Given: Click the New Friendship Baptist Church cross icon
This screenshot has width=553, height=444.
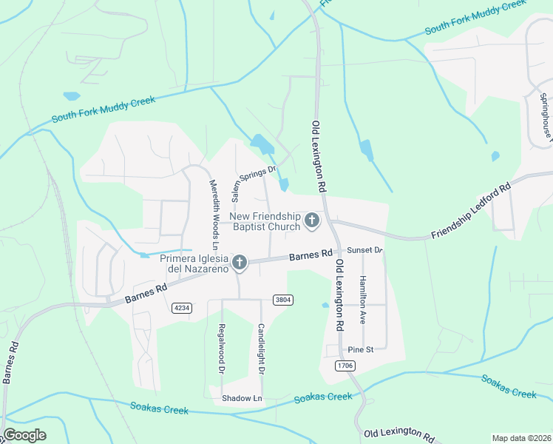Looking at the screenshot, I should (312, 220).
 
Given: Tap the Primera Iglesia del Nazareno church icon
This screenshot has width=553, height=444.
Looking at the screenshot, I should (239, 263).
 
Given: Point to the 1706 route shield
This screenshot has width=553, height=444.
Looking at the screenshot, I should (344, 366).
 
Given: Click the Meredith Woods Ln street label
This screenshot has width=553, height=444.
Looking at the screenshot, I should (214, 215).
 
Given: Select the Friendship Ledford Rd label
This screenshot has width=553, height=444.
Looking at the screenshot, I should (471, 212).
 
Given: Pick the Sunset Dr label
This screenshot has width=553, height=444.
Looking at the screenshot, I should (364, 251).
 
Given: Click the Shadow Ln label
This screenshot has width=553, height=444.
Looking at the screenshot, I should (242, 398).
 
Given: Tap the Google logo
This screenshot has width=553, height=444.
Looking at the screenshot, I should (24, 435).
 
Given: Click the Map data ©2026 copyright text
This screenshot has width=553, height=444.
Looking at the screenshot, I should (521, 438).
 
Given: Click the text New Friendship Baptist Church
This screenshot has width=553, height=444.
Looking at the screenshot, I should (265, 221).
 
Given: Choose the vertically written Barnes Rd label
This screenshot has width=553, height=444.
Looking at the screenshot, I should (10, 362).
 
